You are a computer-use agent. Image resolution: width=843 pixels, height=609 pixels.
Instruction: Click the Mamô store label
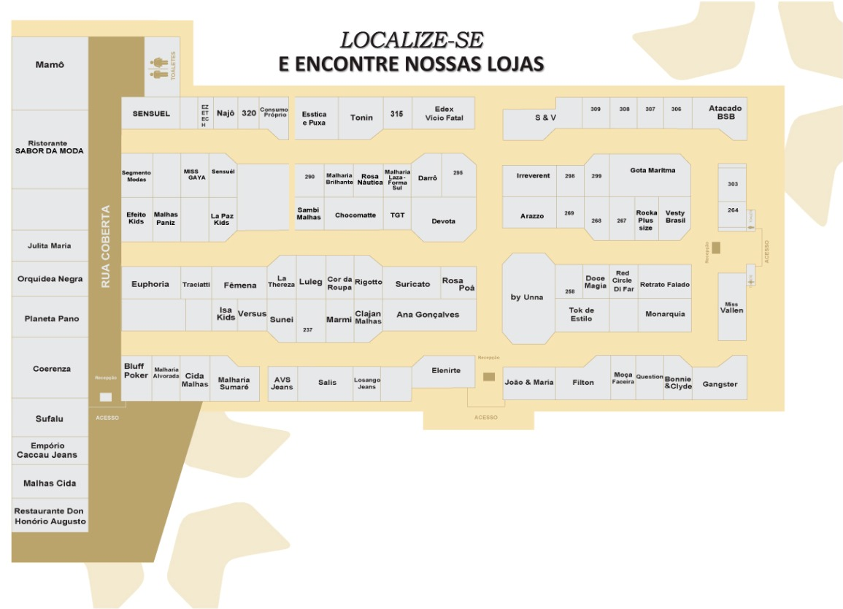[x=50, y=65]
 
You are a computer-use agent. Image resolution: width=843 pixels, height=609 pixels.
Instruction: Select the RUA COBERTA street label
[x=105, y=246]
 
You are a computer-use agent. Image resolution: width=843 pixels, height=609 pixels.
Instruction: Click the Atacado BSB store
[x=725, y=112]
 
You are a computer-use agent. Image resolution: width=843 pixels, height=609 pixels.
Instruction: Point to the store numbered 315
[x=396, y=114]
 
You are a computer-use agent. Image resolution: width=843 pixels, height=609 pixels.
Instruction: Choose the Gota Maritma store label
[x=652, y=170]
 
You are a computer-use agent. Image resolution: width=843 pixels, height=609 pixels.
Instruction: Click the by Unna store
[x=527, y=297]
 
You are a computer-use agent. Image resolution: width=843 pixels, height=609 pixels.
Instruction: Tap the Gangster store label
[x=720, y=384]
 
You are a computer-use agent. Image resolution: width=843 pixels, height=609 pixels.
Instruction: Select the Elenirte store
[x=446, y=370]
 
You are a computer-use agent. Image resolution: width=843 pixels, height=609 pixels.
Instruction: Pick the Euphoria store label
[x=150, y=284]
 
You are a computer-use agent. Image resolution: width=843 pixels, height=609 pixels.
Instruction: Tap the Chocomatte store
[x=355, y=215]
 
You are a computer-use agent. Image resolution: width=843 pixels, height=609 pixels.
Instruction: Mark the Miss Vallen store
[x=731, y=307]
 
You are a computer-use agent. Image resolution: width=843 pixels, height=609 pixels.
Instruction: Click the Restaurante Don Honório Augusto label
[x=50, y=516]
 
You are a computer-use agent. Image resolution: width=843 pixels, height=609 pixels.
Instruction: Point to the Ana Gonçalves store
[x=428, y=314]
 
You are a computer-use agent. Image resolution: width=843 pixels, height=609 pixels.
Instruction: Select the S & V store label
[x=545, y=117]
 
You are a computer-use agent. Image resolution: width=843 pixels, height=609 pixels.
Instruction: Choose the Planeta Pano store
[x=50, y=319]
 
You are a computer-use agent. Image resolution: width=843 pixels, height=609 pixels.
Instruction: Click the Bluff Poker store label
[x=136, y=371]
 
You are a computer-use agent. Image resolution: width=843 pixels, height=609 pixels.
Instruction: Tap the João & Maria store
[x=529, y=382]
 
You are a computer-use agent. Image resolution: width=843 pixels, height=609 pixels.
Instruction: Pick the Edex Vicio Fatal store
[x=444, y=113]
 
